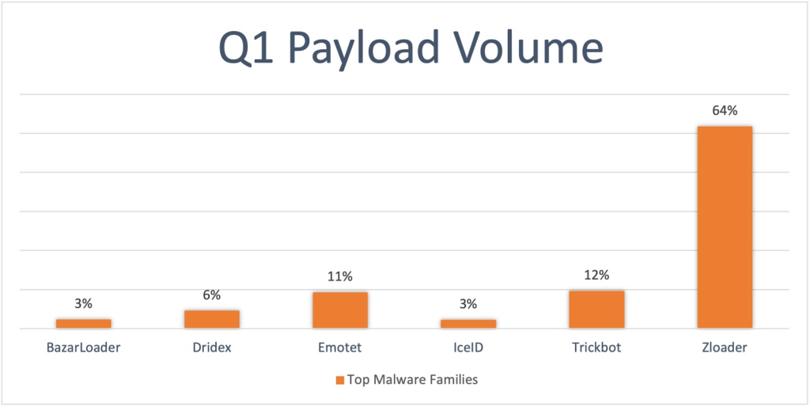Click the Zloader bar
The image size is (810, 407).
[x=725, y=227]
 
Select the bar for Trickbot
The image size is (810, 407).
[x=596, y=310]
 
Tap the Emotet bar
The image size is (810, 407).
[x=340, y=310]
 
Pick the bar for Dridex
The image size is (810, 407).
[x=212, y=319]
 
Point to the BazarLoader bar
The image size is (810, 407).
[x=84, y=324]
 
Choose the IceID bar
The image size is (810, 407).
[x=468, y=324]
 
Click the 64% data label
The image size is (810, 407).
[x=725, y=111]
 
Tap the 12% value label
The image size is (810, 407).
[x=596, y=275]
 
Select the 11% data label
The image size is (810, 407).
[x=340, y=276]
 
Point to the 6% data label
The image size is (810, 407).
[x=212, y=295]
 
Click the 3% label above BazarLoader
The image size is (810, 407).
[x=84, y=303]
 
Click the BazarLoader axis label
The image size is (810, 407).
[x=84, y=347]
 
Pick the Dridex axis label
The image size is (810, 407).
[x=212, y=347]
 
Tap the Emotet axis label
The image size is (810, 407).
[x=340, y=347]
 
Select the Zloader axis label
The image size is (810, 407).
[x=725, y=347]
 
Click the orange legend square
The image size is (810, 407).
[x=340, y=380]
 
